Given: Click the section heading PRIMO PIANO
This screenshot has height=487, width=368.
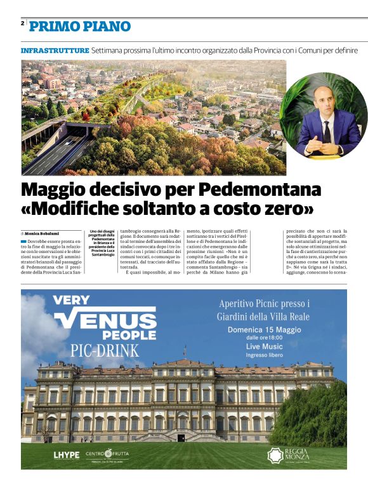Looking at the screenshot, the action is [80, 26].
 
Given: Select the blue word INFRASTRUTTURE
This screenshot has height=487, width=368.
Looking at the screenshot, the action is [55, 50].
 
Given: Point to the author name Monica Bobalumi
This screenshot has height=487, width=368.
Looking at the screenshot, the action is [46, 234].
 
